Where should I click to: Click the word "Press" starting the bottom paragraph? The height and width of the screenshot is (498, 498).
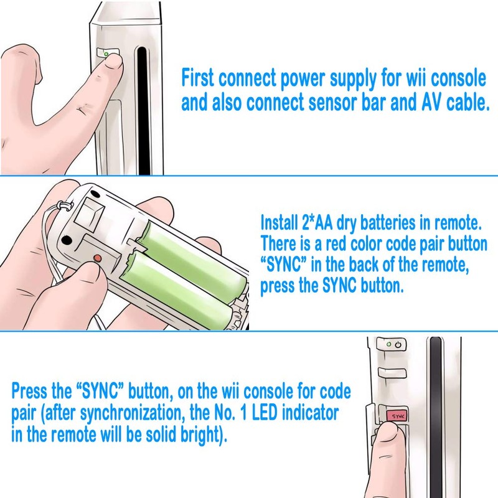pos(32,393)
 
